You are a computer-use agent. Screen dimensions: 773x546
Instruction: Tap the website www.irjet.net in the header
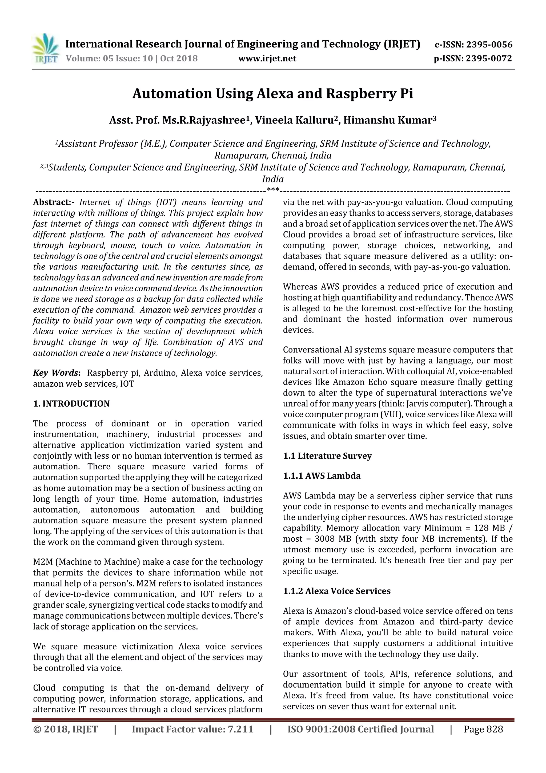[267, 59]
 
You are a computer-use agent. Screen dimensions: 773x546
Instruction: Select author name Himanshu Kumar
[387, 120]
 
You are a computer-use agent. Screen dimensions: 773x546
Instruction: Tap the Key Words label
[56, 373]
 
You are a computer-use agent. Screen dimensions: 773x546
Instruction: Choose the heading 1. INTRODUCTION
[71, 404]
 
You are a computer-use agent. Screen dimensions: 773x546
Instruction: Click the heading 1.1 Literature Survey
[327, 456]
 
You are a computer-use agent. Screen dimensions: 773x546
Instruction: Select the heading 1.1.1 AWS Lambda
[321, 476]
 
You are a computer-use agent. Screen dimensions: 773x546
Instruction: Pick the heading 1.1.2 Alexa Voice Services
[336, 591]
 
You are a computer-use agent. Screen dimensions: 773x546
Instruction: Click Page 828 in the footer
[483, 729]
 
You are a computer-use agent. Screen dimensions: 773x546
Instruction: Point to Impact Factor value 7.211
[192, 729]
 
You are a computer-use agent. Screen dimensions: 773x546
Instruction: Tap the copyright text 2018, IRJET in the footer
[66, 729]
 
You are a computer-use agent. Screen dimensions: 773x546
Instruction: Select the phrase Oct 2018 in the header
[179, 59]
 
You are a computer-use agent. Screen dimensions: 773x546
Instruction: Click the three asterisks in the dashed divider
[272, 190]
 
